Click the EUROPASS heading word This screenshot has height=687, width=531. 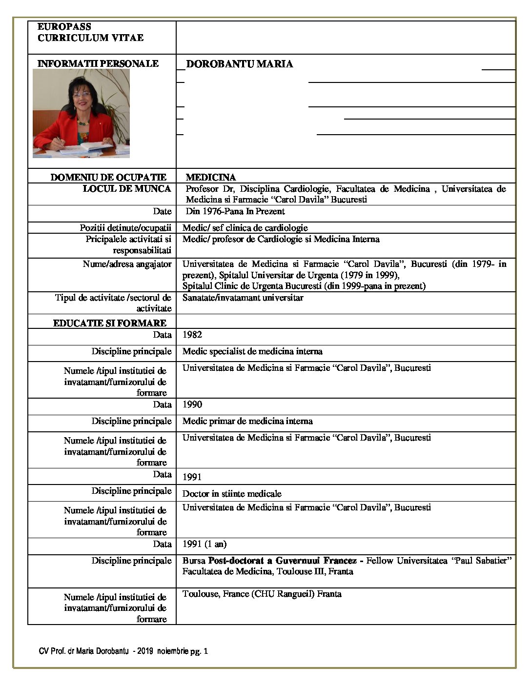(x=64, y=27)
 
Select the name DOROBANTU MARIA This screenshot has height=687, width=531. (x=239, y=64)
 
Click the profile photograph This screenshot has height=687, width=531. (x=81, y=113)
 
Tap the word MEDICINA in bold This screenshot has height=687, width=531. (x=210, y=177)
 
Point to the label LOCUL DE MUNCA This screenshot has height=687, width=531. (x=126, y=189)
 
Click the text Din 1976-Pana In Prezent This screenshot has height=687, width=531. (x=235, y=211)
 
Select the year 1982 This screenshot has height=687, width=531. (x=192, y=335)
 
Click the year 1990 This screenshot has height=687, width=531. (x=192, y=404)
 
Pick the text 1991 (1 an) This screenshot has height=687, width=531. (x=204, y=544)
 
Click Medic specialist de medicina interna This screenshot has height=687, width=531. (x=252, y=351)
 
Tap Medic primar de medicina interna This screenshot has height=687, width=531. (x=247, y=421)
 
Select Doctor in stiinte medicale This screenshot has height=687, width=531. (x=232, y=493)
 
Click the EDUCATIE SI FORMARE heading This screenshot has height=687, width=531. (x=109, y=323)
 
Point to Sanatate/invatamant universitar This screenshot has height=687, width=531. (x=243, y=298)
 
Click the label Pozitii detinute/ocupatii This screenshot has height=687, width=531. (x=125, y=228)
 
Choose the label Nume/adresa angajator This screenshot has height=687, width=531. (x=127, y=264)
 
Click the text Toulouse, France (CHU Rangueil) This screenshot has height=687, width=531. (x=248, y=594)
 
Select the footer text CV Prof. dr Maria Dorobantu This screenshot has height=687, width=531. (x=83, y=651)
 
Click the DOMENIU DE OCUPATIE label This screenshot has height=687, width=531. (x=108, y=177)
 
